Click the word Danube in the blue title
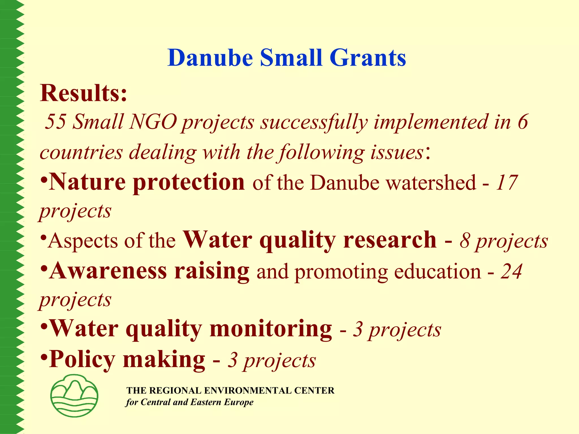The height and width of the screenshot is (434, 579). (x=210, y=58)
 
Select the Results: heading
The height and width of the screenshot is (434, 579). (x=84, y=93)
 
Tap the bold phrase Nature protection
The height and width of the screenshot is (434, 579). (x=146, y=182)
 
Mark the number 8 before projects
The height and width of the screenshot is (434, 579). (x=465, y=241)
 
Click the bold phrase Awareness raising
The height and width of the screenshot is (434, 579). (x=149, y=271)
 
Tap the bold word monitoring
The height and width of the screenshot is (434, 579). (x=271, y=329)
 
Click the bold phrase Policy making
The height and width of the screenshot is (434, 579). (x=127, y=359)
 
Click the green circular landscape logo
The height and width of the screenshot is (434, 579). (x=74, y=396)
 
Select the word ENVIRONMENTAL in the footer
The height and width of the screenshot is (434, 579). (x=249, y=390)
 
